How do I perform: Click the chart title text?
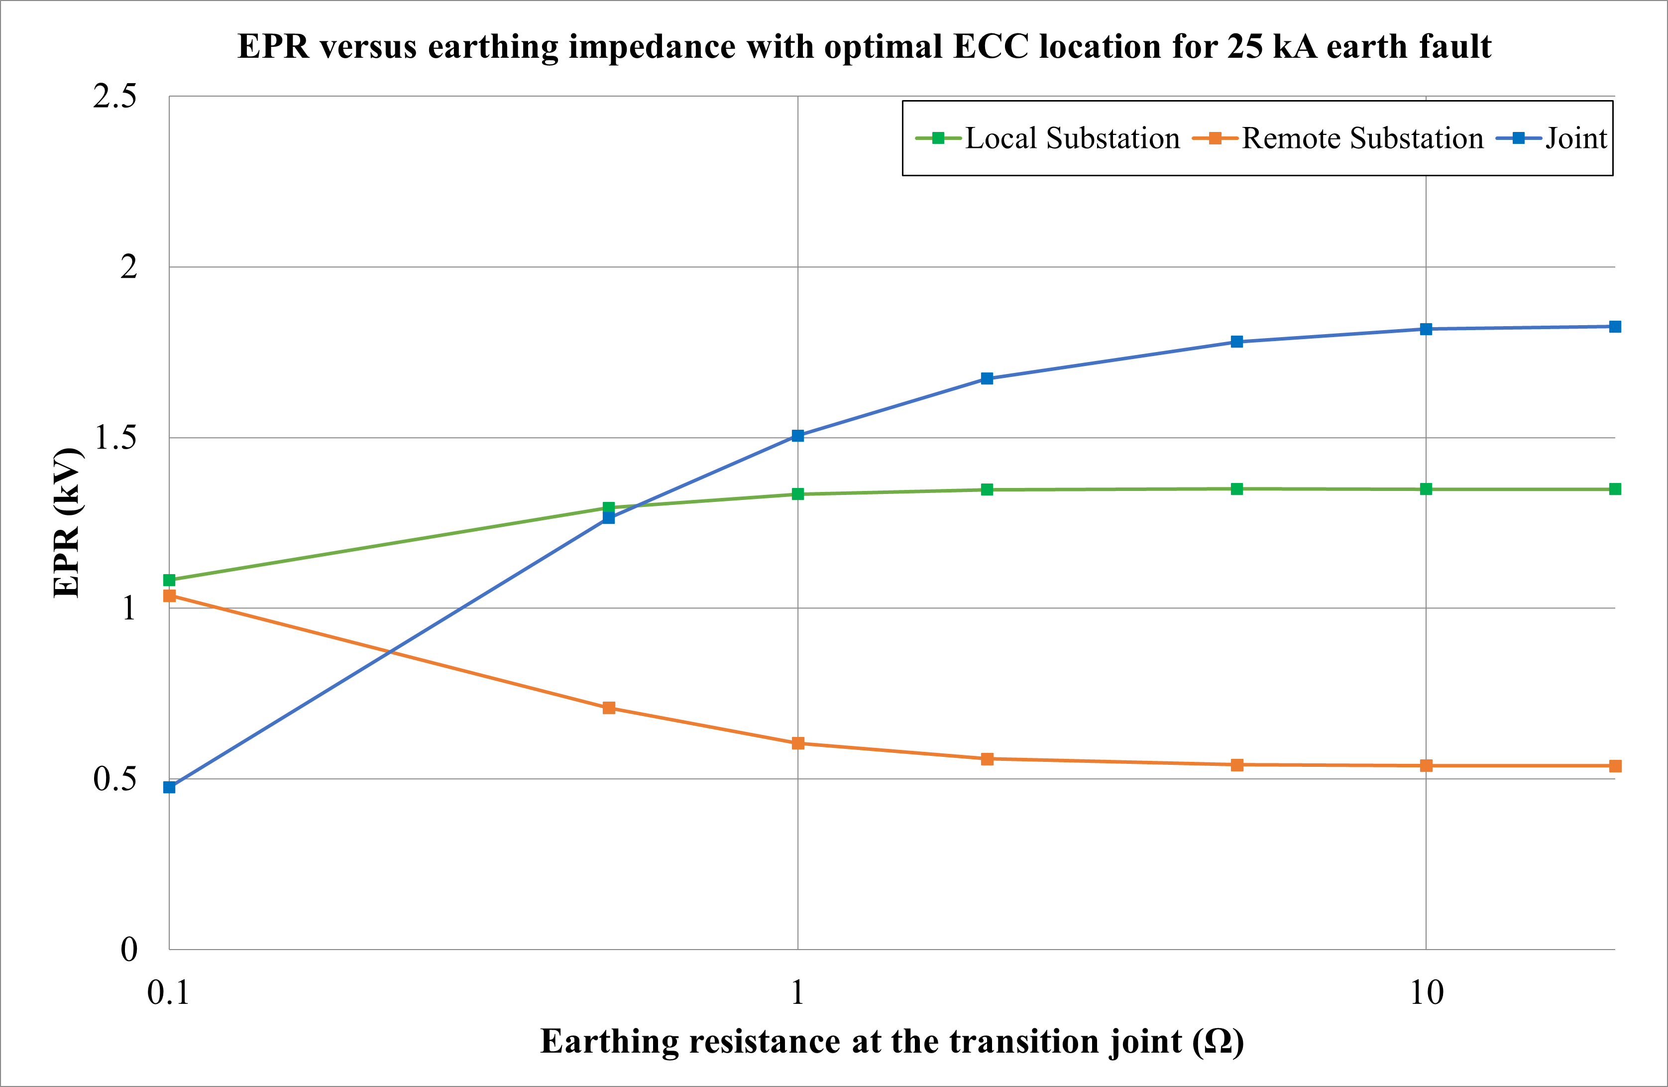[x=864, y=47]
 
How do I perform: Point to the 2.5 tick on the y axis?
[x=115, y=96]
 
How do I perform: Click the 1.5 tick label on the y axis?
[x=115, y=438]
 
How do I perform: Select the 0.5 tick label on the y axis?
[x=115, y=778]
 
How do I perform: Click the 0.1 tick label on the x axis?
[x=168, y=993]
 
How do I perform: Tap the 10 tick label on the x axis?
[x=1426, y=993]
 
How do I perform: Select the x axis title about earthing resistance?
[x=891, y=1041]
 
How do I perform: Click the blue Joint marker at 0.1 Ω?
[x=169, y=787]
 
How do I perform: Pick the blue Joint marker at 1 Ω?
[x=797, y=436]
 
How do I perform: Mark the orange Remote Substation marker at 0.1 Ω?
[x=169, y=596]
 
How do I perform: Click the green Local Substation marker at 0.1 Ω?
[x=169, y=580]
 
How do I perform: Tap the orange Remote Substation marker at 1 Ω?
[x=797, y=743]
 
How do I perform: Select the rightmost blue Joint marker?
[x=1615, y=327]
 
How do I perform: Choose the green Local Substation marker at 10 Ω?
[x=1426, y=489]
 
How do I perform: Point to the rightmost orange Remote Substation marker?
[x=1615, y=766]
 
